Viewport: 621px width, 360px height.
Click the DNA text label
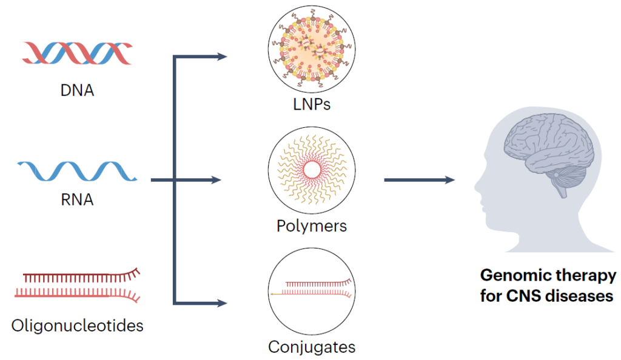point(78,92)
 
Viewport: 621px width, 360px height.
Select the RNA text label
point(77,199)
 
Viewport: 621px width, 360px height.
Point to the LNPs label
point(312,104)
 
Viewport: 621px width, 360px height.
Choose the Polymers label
point(312,226)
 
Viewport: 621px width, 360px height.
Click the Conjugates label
point(312,347)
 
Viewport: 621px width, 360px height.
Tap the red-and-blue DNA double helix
point(77,53)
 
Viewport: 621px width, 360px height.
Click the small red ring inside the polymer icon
point(312,170)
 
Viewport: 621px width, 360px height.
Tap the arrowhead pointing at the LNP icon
point(222,57)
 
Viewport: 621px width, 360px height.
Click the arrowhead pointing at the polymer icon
point(222,180)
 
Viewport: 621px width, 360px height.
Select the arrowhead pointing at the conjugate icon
point(222,302)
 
